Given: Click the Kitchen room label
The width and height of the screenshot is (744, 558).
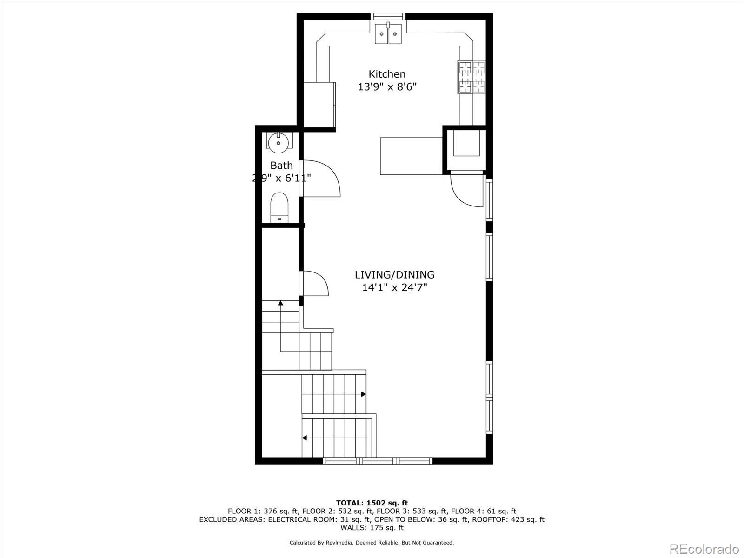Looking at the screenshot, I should point(387,74).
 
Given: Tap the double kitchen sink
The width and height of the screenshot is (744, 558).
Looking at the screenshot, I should point(388,33).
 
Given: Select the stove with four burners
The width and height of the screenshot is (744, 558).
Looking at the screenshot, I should point(472,77).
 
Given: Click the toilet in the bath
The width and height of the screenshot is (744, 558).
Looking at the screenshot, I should point(279,208).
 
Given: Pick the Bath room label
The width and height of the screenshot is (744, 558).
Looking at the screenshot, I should point(281,165).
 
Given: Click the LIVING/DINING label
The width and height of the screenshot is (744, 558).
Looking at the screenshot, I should point(394,275).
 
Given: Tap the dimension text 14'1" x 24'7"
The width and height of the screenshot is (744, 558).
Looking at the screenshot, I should point(394,287).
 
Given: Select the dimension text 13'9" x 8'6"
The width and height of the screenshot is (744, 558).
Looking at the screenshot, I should point(387,86).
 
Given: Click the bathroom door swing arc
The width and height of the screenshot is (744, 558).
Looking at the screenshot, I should point(325,179).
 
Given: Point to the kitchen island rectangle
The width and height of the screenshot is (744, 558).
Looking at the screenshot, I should point(411,156).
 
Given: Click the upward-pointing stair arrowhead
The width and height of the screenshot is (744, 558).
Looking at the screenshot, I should point(281,303).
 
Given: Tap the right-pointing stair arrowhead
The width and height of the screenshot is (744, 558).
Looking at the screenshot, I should point(363,394).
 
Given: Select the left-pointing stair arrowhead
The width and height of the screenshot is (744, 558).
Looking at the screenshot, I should point(305,438).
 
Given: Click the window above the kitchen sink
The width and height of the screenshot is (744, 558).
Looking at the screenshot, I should point(388,16).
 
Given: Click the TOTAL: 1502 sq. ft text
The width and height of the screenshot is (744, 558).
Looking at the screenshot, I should point(372,503).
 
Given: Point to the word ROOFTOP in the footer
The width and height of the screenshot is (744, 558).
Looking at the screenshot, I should point(488,519).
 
